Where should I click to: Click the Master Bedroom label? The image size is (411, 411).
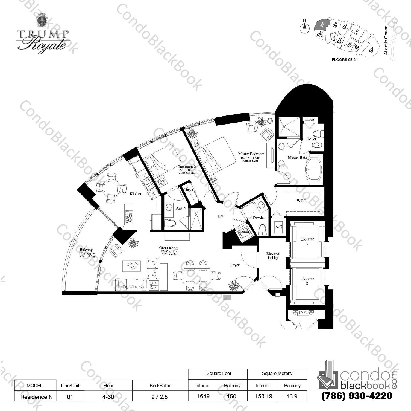(x=251, y=154)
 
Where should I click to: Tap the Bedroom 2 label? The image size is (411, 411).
(x=187, y=167)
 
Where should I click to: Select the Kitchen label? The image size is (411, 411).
(x=136, y=194)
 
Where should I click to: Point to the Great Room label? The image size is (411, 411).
(x=169, y=248)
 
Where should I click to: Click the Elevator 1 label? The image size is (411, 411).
(x=307, y=241)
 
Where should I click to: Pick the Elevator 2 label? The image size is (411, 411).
(x=307, y=281)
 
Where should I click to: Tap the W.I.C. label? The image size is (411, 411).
(x=302, y=201)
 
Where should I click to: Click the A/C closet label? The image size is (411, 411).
(x=278, y=227)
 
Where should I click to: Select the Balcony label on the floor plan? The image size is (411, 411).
(x=86, y=250)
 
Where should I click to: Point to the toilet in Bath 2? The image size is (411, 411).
(x=171, y=223)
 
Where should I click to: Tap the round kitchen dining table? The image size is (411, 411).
(x=111, y=188)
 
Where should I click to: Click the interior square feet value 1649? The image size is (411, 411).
(x=203, y=396)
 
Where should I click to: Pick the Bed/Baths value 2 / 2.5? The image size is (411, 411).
(x=160, y=396)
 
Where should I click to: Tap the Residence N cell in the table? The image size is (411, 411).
(x=35, y=396)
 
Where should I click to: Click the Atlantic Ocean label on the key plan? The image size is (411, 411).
(x=386, y=40)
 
